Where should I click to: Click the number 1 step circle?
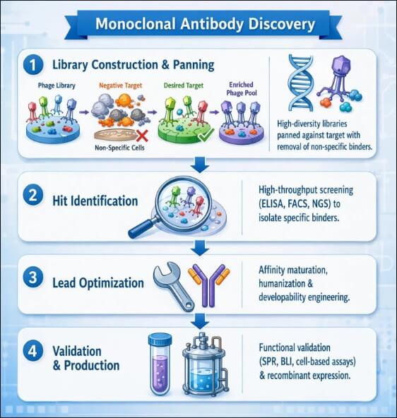(x=33, y=65)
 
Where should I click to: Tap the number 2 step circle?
(x=33, y=196)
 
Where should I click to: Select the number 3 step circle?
(x=33, y=277)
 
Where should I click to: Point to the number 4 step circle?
(x=33, y=351)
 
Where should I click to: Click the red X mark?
(x=142, y=136)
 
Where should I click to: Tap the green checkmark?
(x=206, y=135)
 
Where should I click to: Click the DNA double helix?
(x=300, y=83)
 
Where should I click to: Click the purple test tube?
(x=160, y=364)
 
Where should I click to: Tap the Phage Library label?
(x=57, y=86)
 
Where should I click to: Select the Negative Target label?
(x=121, y=85)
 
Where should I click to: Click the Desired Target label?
(x=184, y=85)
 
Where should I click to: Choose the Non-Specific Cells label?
(x=119, y=148)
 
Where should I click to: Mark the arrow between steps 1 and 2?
(x=200, y=165)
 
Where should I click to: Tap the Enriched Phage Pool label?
(x=242, y=89)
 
